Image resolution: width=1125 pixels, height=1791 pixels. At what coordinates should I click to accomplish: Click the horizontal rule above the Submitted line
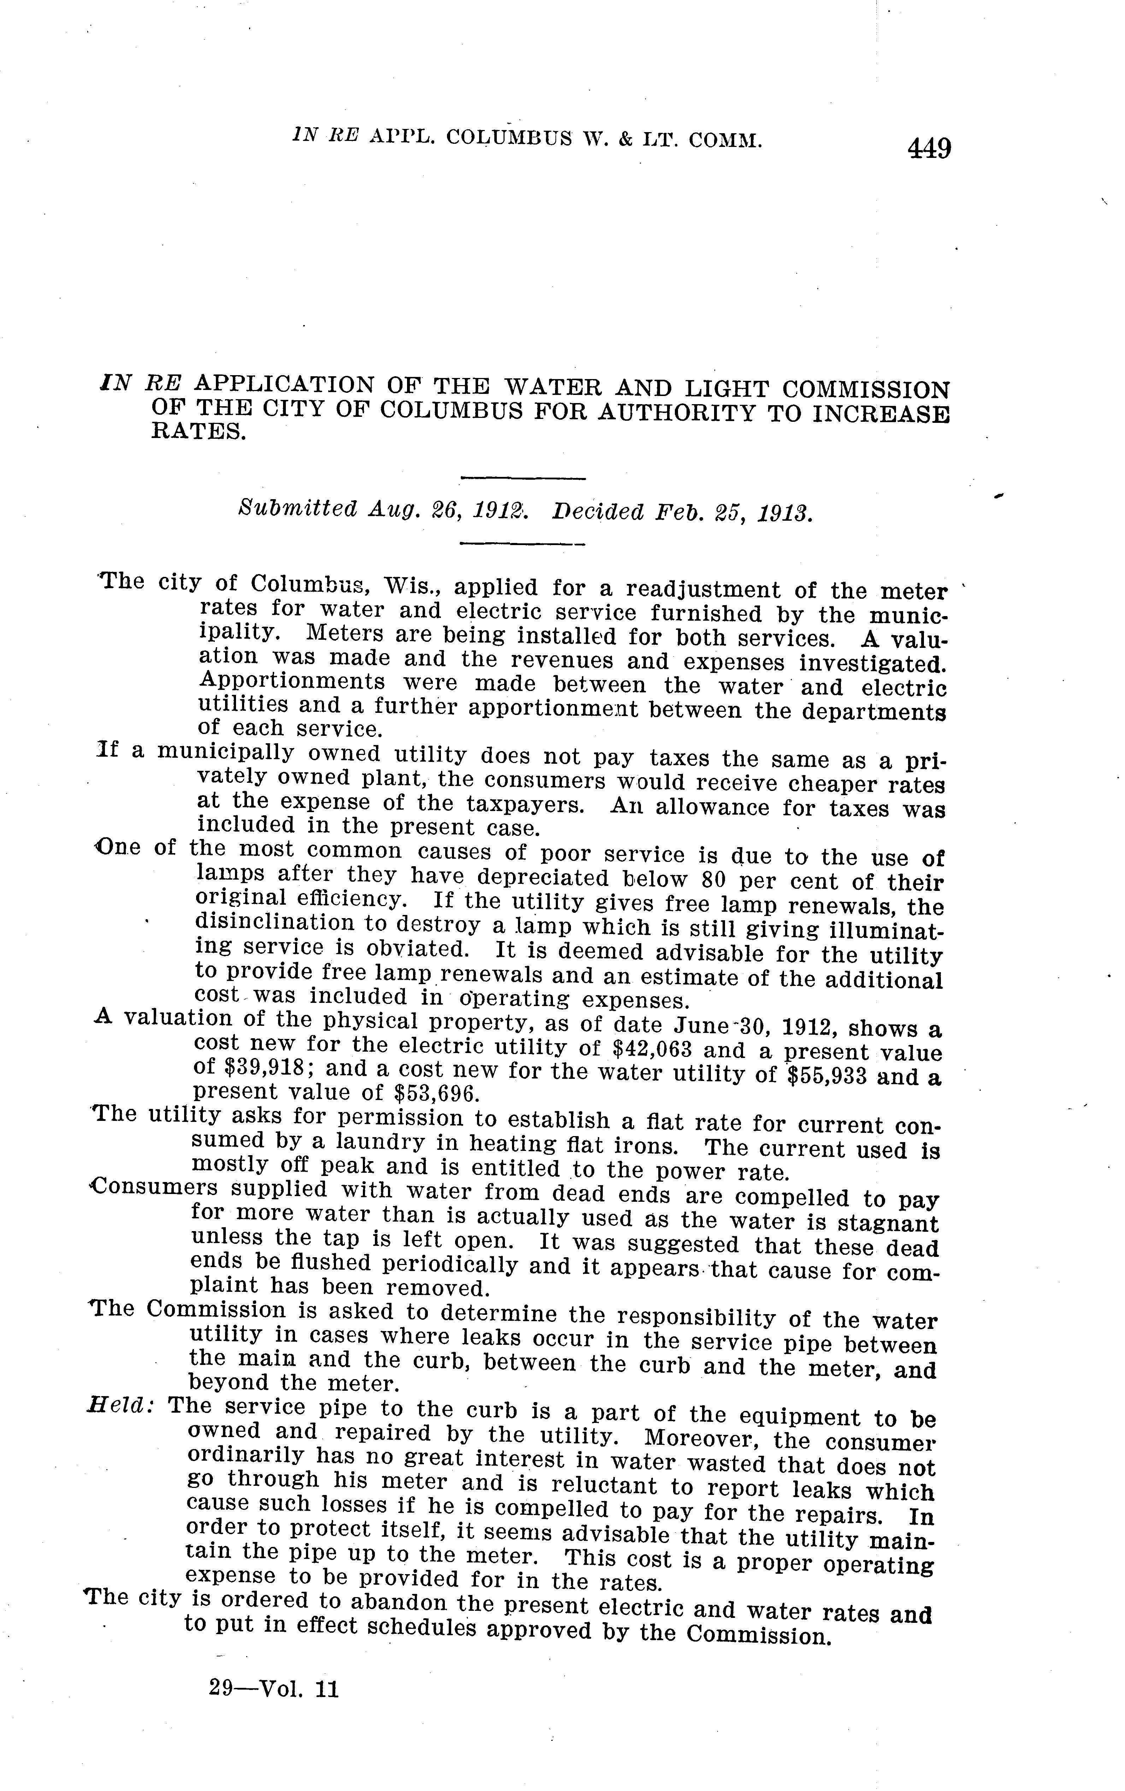click(524, 478)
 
